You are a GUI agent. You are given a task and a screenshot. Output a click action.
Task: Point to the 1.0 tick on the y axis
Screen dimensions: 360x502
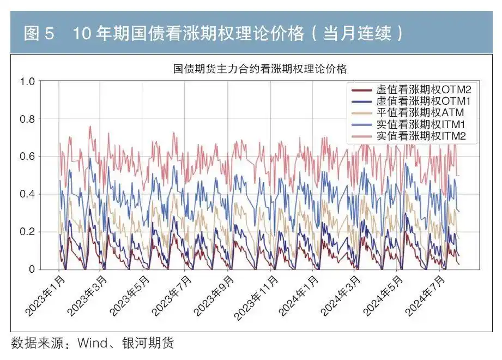tap(27, 82)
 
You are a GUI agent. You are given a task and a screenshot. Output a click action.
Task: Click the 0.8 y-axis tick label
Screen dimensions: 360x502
tap(27, 119)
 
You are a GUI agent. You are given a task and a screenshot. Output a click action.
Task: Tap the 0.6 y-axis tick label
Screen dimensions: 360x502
tap(27, 157)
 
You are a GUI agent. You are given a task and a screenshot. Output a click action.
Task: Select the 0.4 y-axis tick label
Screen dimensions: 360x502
tap(27, 194)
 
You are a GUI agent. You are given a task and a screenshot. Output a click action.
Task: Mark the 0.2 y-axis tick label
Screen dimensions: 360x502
tap(27, 232)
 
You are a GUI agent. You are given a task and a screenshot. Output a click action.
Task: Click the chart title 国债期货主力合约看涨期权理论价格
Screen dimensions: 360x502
tap(260, 69)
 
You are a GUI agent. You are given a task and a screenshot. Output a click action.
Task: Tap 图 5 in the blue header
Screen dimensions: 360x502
tap(39, 34)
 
